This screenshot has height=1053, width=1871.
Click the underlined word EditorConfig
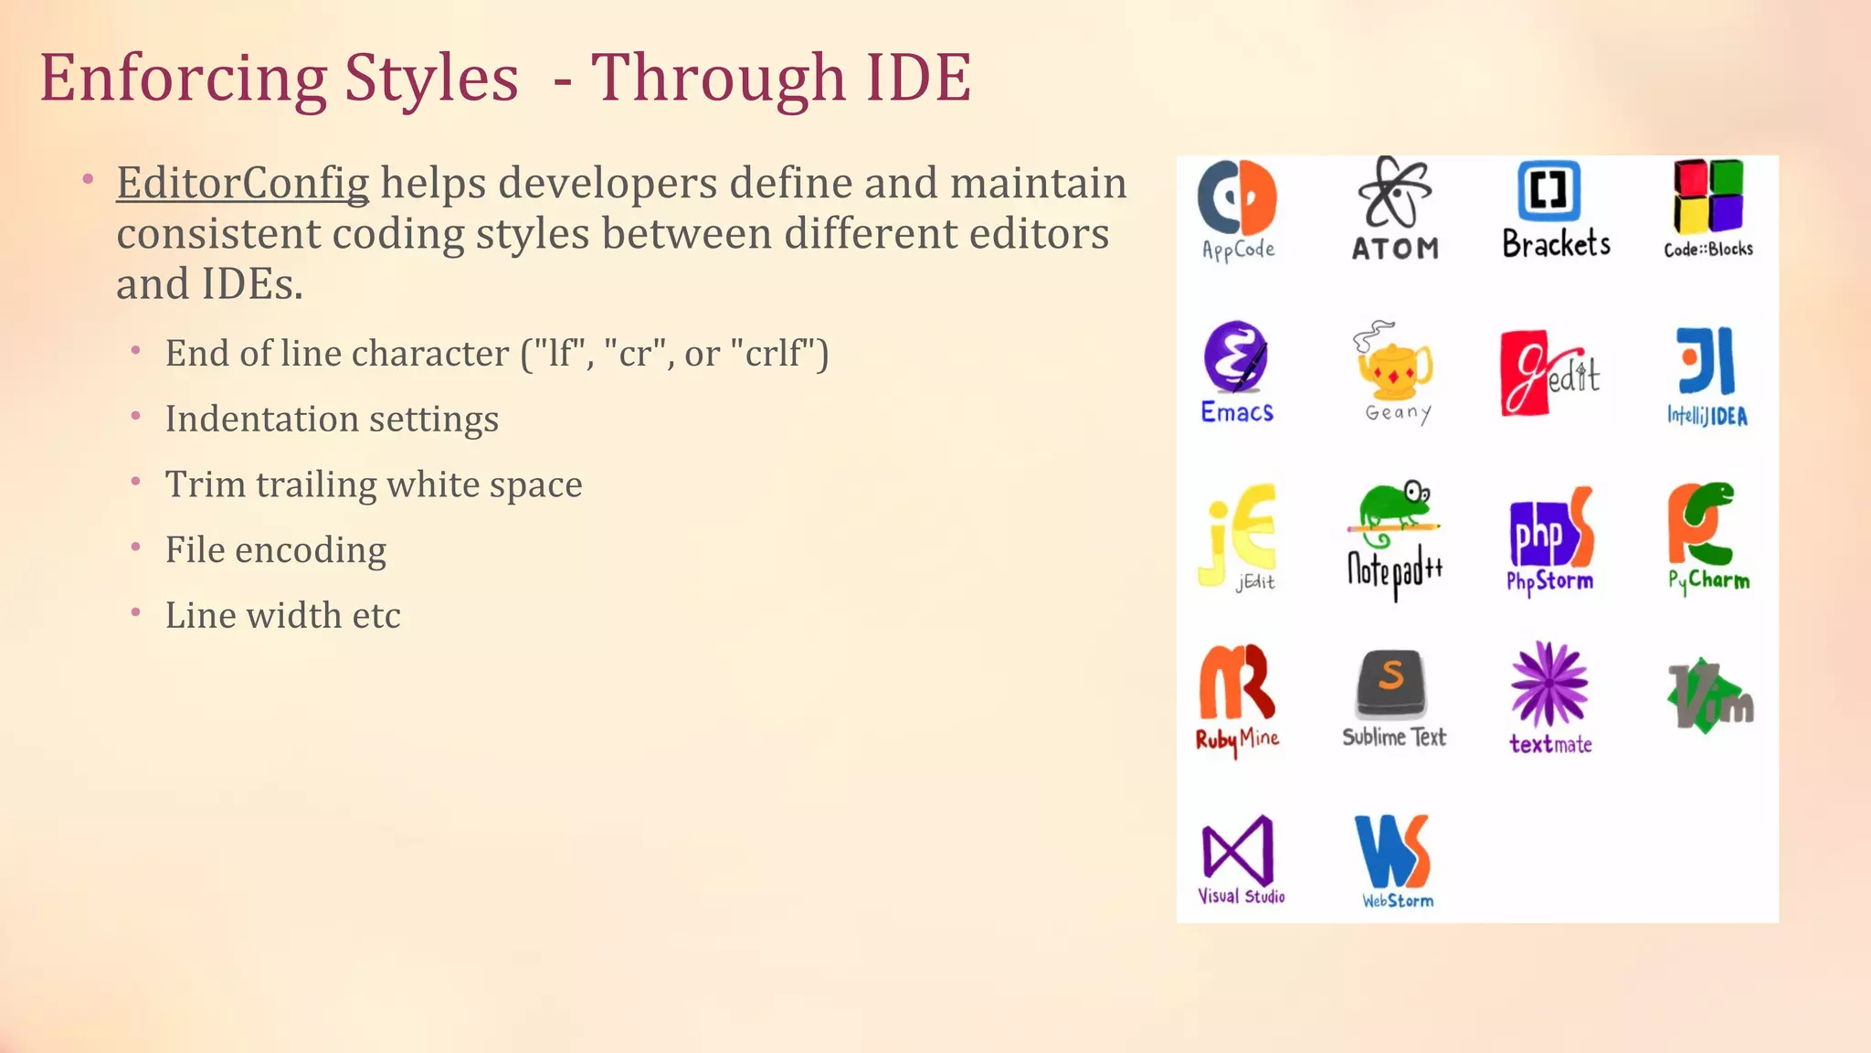(242, 184)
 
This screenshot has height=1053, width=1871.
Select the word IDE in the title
(917, 79)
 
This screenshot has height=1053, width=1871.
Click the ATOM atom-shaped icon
(1394, 192)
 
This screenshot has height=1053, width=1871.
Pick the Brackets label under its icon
(1556, 245)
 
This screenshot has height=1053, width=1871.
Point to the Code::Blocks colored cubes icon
(1707, 196)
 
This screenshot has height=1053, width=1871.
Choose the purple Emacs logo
(1236, 356)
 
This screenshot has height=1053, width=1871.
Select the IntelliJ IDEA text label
(1707, 417)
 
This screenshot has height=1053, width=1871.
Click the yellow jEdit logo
(1238, 532)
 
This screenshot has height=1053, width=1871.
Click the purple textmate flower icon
(1549, 684)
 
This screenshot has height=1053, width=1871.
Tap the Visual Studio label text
(1241, 897)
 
